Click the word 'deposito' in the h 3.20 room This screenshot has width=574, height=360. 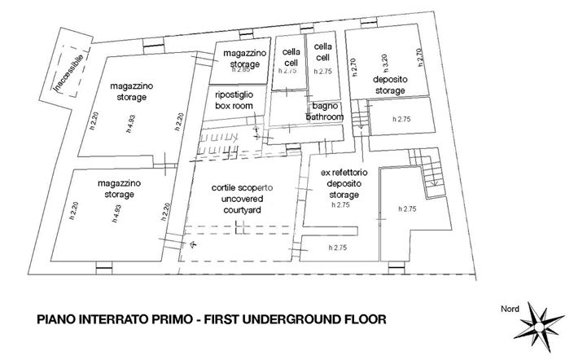pyautogui.click(x=389, y=80)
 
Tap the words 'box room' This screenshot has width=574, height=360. pyautogui.click(x=233, y=106)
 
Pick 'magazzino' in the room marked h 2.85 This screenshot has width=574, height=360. pyautogui.click(x=241, y=54)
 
